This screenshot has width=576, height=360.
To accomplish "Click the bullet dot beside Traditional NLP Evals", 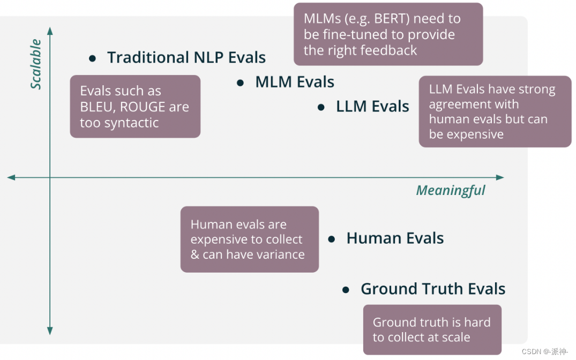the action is tap(93, 58).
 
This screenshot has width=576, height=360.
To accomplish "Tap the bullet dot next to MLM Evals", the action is tap(241, 82).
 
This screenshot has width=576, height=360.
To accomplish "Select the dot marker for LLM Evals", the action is tap(321, 107).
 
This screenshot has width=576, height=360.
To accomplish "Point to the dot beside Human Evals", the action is tap(332, 239).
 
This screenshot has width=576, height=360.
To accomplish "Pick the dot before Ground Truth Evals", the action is tap(346, 290).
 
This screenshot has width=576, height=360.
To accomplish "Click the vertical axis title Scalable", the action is tap(36, 64).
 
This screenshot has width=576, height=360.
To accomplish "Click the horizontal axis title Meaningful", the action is tap(450, 191).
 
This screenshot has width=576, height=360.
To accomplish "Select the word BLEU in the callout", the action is tap(95, 107).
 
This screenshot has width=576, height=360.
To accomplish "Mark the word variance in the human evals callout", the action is tap(280, 254).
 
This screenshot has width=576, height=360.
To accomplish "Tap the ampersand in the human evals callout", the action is tap(195, 254).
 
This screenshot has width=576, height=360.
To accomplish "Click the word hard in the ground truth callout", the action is tap(478, 322).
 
